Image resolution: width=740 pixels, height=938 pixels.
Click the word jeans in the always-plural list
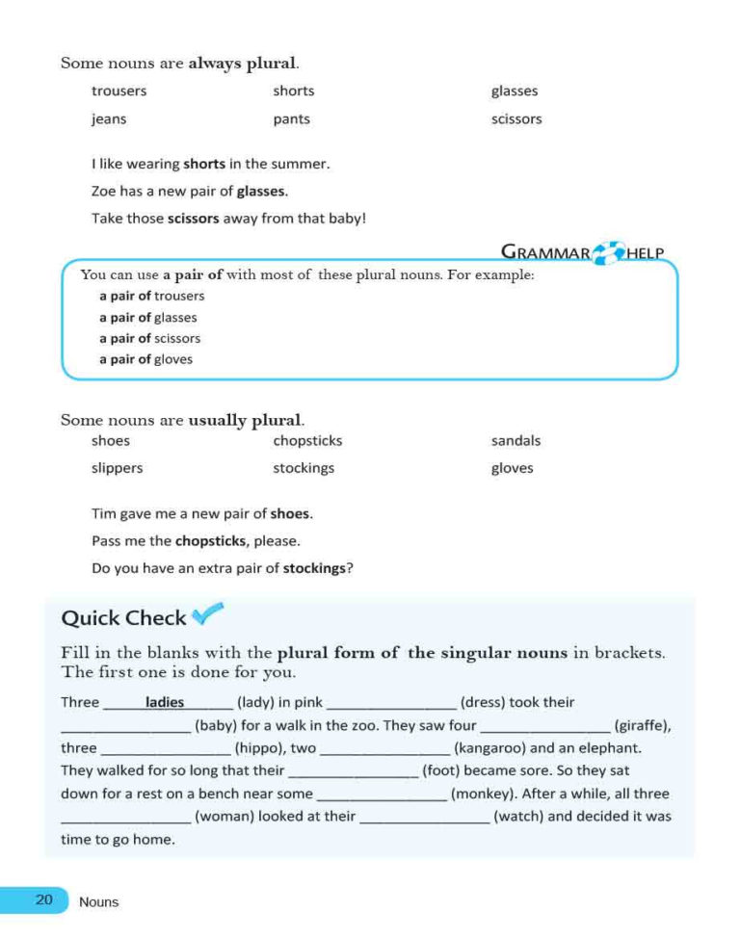(109, 119)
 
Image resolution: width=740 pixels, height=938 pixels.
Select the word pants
(291, 119)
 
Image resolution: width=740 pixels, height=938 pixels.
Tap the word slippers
(117, 468)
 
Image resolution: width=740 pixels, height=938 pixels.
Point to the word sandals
(515, 441)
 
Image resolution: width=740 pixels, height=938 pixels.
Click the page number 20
(44, 900)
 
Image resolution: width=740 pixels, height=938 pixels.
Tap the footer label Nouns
(99, 902)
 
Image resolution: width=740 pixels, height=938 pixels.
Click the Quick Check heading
(123, 618)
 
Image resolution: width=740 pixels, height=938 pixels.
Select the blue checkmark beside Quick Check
(207, 612)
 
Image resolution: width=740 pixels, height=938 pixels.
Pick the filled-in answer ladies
(165, 702)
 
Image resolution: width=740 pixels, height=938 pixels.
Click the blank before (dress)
(392, 704)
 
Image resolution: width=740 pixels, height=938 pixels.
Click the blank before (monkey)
(382, 796)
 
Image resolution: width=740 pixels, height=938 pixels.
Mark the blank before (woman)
(125, 820)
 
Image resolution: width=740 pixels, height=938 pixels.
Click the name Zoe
(103, 191)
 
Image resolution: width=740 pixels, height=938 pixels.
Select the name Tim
(103, 513)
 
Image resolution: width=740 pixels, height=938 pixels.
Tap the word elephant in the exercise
(612, 748)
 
